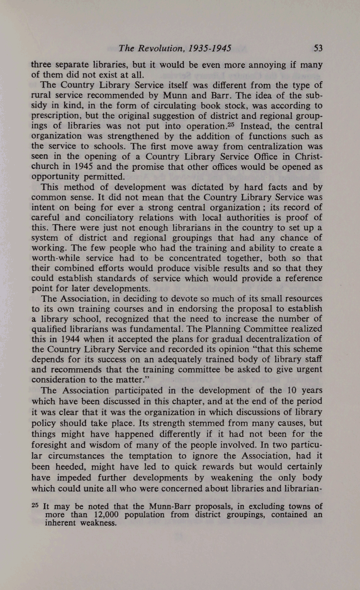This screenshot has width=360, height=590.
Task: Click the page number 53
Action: [317, 49]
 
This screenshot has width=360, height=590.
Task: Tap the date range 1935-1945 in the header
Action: [209, 49]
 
